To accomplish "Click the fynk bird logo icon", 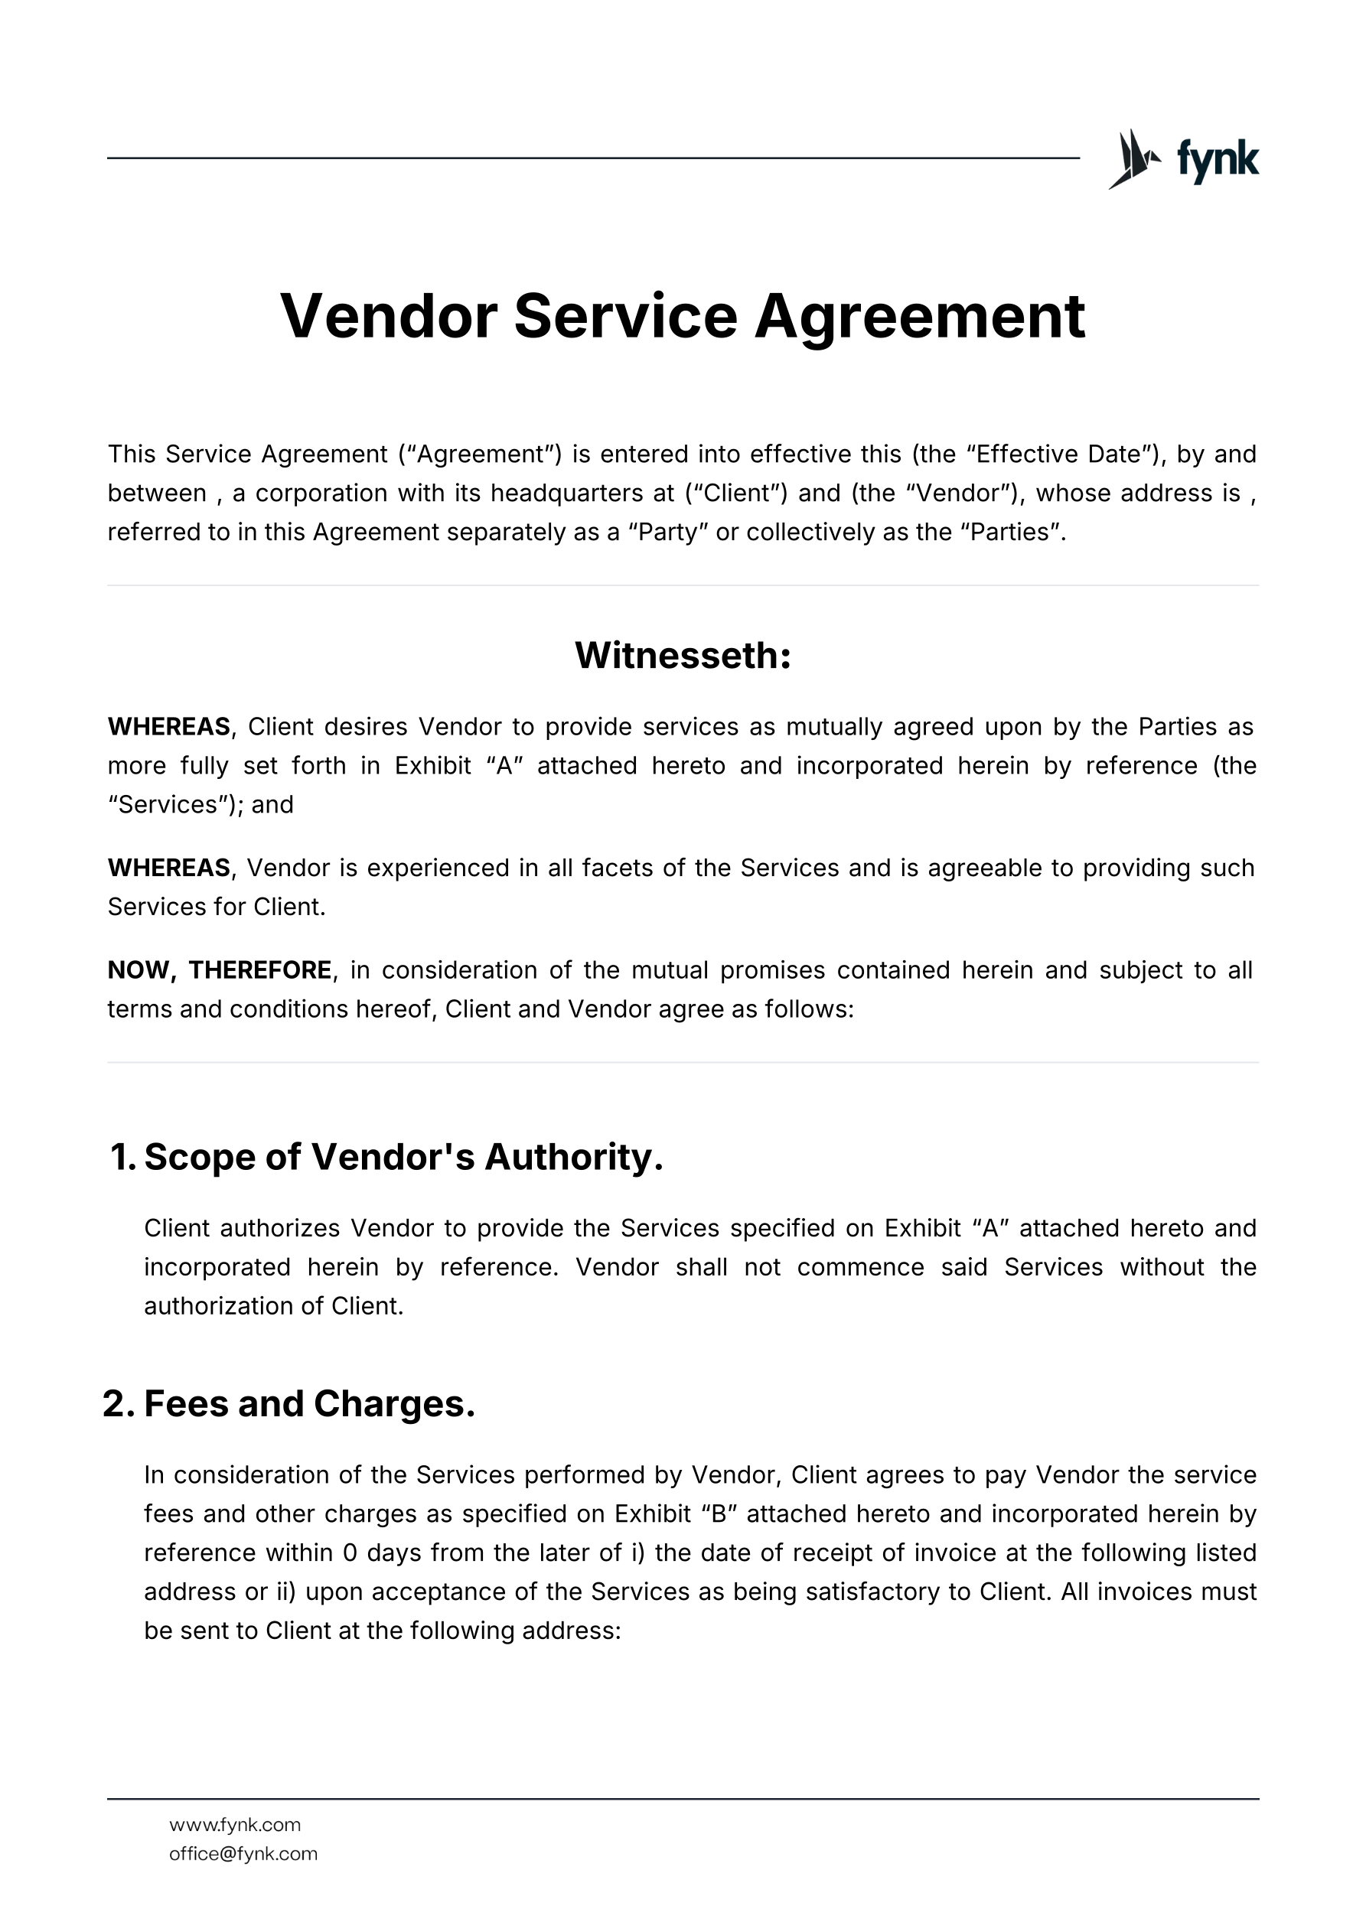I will click(1133, 158).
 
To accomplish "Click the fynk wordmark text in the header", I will click(1217, 159).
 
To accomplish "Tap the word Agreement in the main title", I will click(919, 317).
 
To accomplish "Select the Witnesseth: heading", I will click(683, 656).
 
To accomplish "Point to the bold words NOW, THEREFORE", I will click(219, 970).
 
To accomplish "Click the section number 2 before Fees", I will click(118, 1403).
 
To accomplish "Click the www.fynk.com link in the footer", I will click(235, 1824).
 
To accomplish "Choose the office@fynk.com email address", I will click(243, 1854).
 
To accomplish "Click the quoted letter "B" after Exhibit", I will click(719, 1513).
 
